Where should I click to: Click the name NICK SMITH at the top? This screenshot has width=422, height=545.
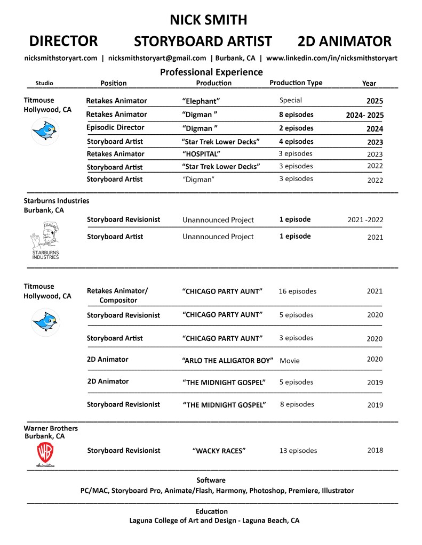pyautogui.click(x=208, y=20)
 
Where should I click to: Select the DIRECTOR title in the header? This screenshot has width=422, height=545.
pyautogui.click(x=63, y=41)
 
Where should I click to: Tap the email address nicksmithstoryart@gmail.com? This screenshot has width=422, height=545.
pyautogui.click(x=157, y=58)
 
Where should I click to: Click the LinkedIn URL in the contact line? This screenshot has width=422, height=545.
pyautogui.click(x=331, y=58)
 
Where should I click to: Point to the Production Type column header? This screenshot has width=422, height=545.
pyautogui.click(x=296, y=83)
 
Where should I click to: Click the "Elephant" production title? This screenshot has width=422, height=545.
pyautogui.click(x=201, y=101)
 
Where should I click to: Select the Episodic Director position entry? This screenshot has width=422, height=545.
pyautogui.click(x=115, y=128)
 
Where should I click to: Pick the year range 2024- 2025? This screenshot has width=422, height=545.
pyautogui.click(x=364, y=115)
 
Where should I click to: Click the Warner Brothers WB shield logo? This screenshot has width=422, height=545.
pyautogui.click(x=45, y=452)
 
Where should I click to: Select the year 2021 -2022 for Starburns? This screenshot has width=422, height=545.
pyautogui.click(x=365, y=219)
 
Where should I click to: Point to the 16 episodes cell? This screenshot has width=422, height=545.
pyautogui.click(x=297, y=291)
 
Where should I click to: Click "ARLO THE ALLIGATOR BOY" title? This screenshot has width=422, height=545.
pyautogui.click(x=227, y=361)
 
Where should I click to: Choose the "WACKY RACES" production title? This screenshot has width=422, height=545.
pyautogui.click(x=219, y=451)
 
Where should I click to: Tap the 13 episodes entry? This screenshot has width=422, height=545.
pyautogui.click(x=298, y=451)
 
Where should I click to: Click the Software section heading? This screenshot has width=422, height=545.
pyautogui.click(x=211, y=480)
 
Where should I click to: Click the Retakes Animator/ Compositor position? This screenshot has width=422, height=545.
pyautogui.click(x=117, y=295)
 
